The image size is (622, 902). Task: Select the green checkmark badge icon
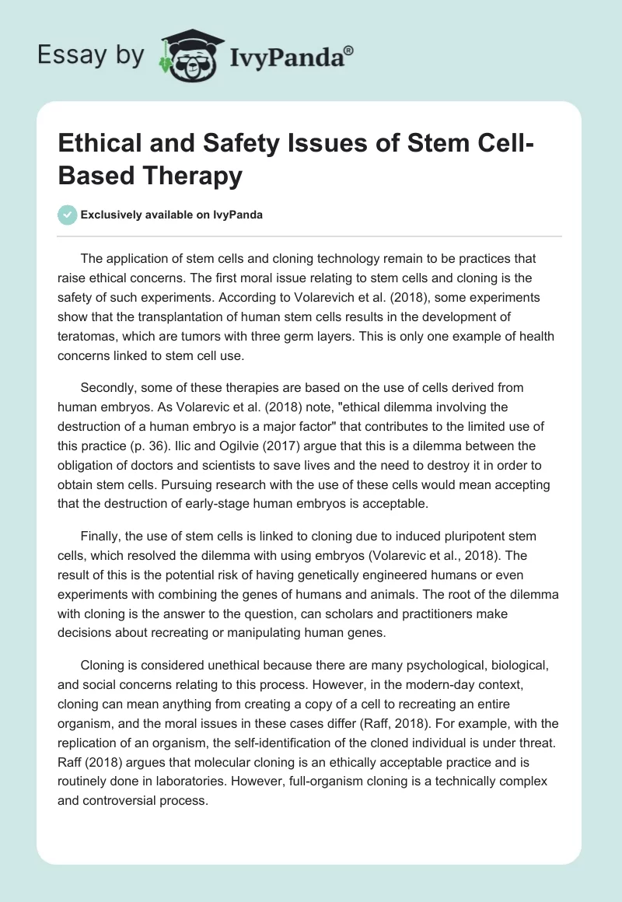tap(67, 215)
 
